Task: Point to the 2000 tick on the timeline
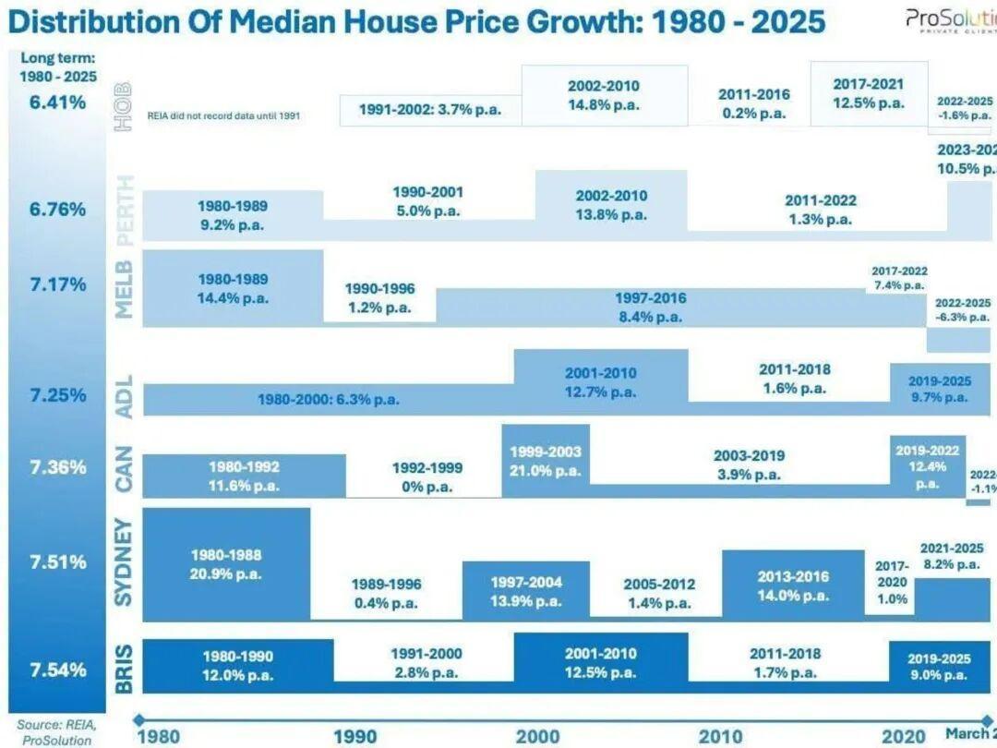pyautogui.click(x=537, y=735)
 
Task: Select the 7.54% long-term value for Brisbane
pyautogui.click(x=57, y=669)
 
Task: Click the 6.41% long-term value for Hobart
pyautogui.click(x=57, y=102)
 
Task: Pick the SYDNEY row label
pyautogui.click(x=125, y=562)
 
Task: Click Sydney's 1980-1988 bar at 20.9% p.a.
pyautogui.click(x=226, y=563)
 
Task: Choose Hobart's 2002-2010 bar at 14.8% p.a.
pyautogui.click(x=604, y=95)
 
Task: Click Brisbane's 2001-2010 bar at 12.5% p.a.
pyautogui.click(x=600, y=662)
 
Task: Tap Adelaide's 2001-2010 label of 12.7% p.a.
pyautogui.click(x=601, y=382)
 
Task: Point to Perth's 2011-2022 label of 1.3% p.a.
pyautogui.click(x=820, y=210)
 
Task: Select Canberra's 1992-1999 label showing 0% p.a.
pyautogui.click(x=427, y=477)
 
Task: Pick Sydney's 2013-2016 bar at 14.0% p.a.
pyautogui.click(x=793, y=585)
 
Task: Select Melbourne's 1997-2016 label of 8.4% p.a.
pyautogui.click(x=650, y=308)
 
